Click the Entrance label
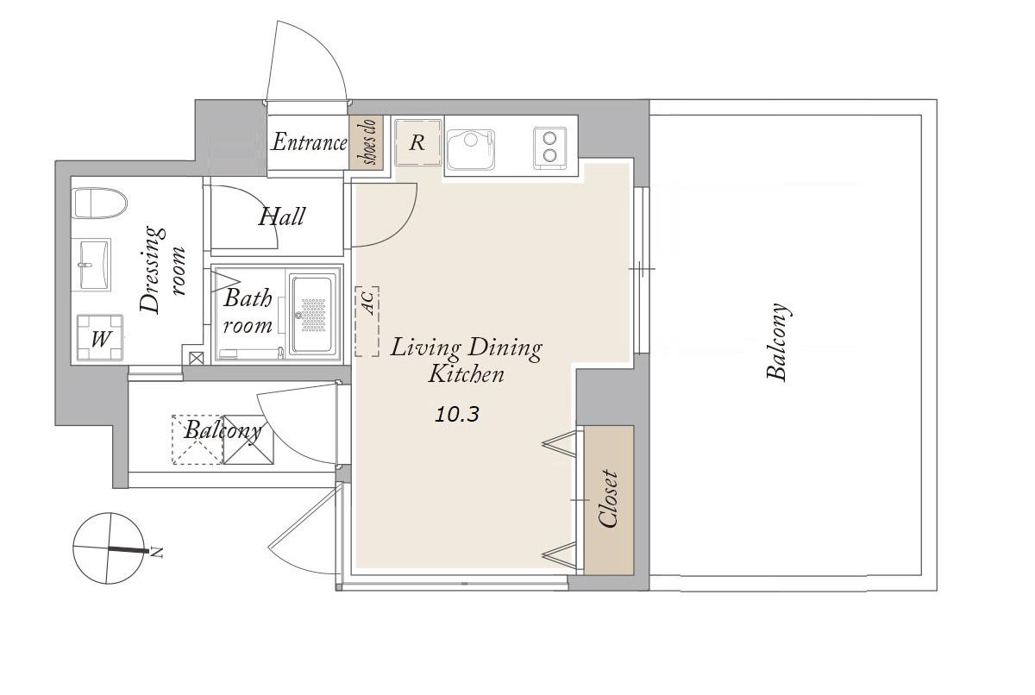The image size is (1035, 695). tap(309, 142)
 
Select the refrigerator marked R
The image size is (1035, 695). tap(417, 142)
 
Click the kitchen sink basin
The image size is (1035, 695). tap(471, 149)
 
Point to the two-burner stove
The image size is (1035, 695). tap(550, 148)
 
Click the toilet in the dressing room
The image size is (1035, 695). tap(100, 203)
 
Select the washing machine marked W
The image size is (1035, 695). tap(100, 337)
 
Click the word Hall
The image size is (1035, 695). tap(281, 216)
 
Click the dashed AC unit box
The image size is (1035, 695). tap(367, 321)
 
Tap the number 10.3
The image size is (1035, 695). tap(457, 414)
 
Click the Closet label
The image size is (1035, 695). tap(607, 498)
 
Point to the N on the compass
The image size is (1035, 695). tap(158, 553)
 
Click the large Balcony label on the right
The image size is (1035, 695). tap(779, 341)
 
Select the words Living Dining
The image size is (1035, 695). tap(467, 347)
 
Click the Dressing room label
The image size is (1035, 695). tap(162, 270)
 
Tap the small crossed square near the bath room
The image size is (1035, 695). tap(197, 358)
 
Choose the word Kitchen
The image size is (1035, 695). tap(467, 374)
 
